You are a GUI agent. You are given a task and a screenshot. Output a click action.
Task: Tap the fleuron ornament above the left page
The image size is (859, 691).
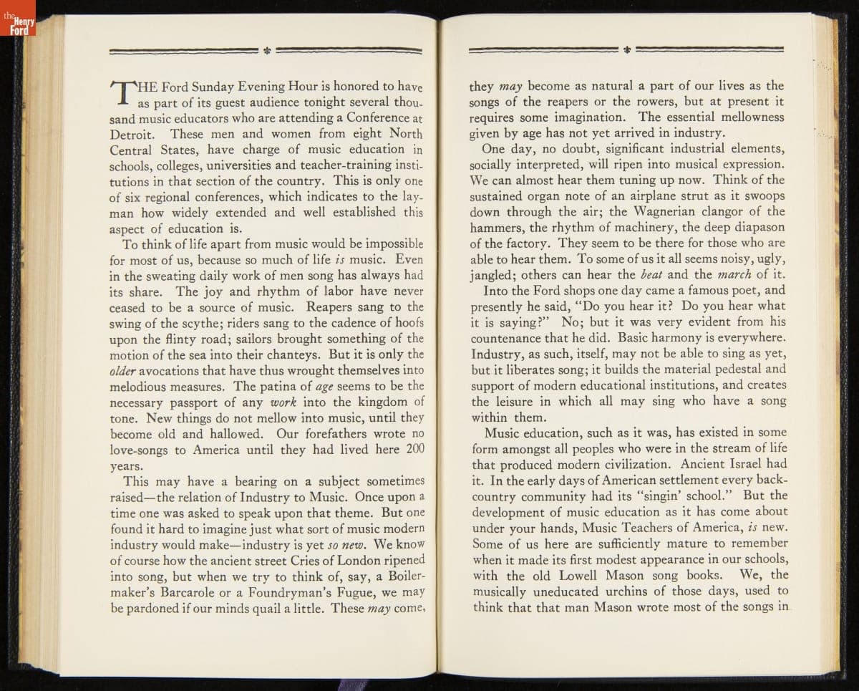coord(266,51)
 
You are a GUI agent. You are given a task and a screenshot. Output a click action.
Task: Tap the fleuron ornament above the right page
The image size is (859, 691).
coord(626,50)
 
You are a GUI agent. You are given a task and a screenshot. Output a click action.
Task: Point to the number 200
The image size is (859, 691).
coord(415,450)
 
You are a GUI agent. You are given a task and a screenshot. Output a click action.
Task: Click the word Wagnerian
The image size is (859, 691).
coord(669,211)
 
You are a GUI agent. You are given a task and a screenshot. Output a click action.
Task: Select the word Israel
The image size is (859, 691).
coord(740,463)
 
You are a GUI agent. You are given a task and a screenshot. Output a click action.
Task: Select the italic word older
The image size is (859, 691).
coord(122,371)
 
